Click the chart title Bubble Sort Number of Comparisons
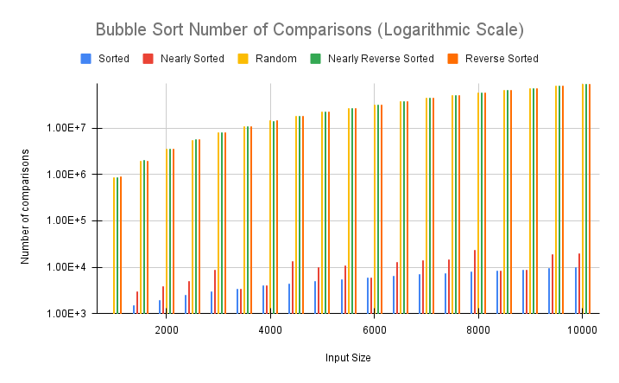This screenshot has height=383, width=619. pos(309,29)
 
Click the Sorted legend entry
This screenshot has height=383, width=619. pos(107,59)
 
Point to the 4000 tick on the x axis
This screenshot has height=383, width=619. pos(270,329)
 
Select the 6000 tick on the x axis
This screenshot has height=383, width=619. pos(374,329)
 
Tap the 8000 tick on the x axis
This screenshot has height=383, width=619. pos(477,329)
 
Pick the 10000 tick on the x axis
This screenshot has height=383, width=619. pos(581,329)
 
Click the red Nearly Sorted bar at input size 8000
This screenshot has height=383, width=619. pos(475,282)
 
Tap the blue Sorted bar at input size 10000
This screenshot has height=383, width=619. pos(575,290)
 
